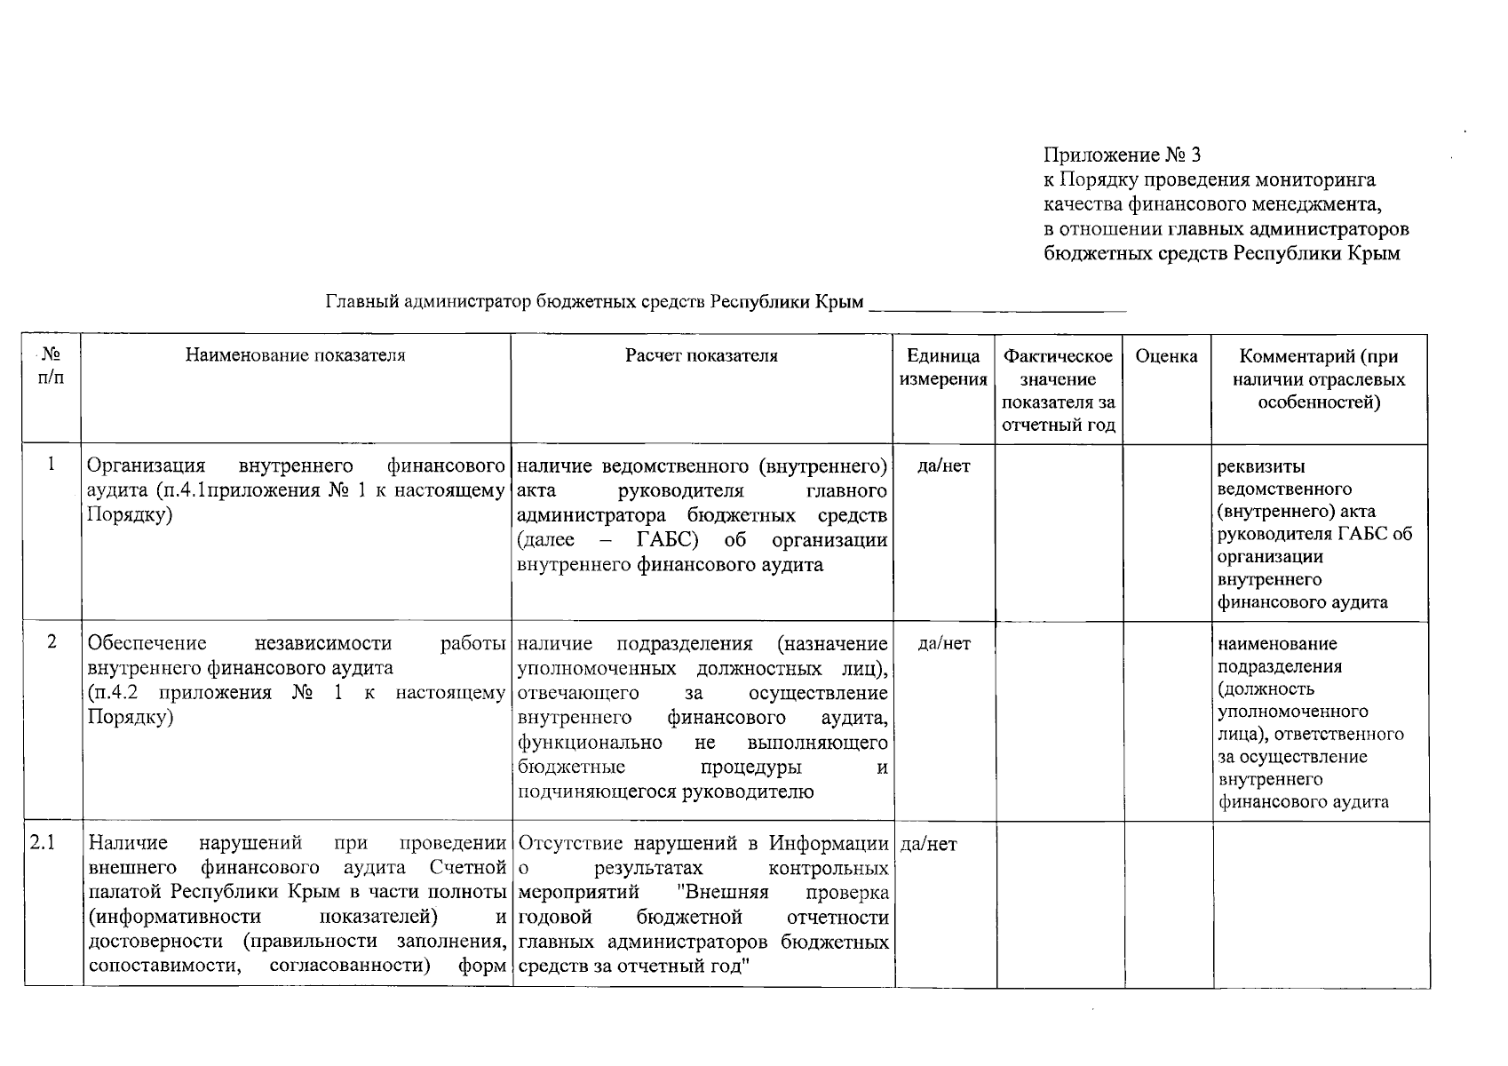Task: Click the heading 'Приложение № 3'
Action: pyautogui.click(x=1122, y=155)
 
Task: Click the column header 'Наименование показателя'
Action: pyautogui.click(x=295, y=355)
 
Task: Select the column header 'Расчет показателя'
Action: pyautogui.click(x=701, y=355)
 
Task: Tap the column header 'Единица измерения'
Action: pyautogui.click(x=943, y=368)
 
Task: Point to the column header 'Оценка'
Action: pyautogui.click(x=1166, y=356)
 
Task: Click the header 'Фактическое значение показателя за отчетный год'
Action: pyautogui.click(x=1058, y=390)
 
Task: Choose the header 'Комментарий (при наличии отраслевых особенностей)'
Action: pyautogui.click(x=1319, y=379)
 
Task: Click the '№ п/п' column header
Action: pyautogui.click(x=52, y=365)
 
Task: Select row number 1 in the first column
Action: pyautogui.click(x=52, y=464)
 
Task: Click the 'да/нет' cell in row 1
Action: pyautogui.click(x=944, y=465)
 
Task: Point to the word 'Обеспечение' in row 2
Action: pyautogui.click(x=147, y=643)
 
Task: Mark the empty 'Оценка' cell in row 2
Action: pyautogui.click(x=1167, y=720)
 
